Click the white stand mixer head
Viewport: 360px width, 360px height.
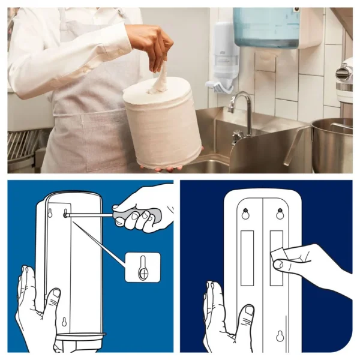[x=344, y=75]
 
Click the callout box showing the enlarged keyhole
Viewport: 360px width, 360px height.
[x=142, y=267]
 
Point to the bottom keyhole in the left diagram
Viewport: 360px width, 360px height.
[x=64, y=322]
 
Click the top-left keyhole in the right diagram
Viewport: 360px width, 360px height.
[x=245, y=214]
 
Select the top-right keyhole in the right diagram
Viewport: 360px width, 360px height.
[x=280, y=214]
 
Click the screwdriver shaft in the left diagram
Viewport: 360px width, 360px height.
[x=90, y=215]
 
